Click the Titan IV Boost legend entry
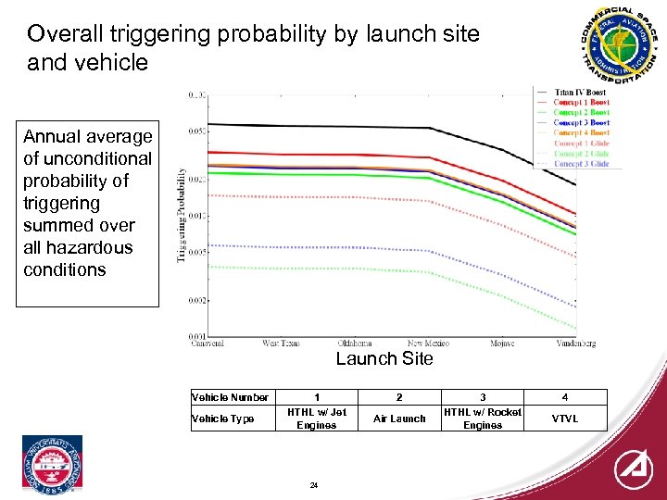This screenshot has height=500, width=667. coord(581,93)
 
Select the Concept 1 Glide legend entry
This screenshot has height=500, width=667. coord(581,144)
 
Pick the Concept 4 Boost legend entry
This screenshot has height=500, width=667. coord(581,133)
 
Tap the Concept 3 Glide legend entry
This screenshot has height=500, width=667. coord(581,164)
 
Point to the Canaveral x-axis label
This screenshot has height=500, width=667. coord(208,344)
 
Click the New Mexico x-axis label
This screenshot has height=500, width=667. coord(428,344)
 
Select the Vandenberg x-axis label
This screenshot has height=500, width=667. coord(576,344)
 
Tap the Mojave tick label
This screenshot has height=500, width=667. coord(503,344)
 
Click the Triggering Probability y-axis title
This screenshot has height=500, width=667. coord(182,215)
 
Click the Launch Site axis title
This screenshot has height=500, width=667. coord(384,359)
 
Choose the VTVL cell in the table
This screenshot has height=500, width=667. coord(565,419)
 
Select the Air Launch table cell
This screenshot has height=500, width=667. coord(399,419)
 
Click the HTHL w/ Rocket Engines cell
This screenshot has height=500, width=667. coord(482,419)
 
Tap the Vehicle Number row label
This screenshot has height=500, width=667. coord(230,397)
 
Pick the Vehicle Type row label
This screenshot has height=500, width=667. coord(222,419)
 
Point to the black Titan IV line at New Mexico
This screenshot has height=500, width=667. coord(428,129)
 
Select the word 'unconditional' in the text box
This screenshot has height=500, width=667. coord(87,158)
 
